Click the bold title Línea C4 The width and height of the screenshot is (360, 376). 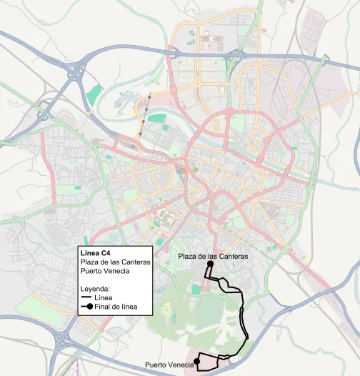click(x=96, y=253)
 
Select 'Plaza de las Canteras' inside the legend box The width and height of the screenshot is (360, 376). click(x=115, y=262)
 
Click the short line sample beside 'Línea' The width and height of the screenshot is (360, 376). click(x=87, y=298)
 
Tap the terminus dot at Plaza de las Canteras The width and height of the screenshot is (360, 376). click(x=211, y=264)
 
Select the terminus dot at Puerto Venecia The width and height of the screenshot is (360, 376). click(x=196, y=360)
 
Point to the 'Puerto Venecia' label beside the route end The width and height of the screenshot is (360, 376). click(x=169, y=365)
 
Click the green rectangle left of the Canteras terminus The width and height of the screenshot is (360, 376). click(x=196, y=289)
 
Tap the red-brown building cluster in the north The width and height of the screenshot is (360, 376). click(x=211, y=40)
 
